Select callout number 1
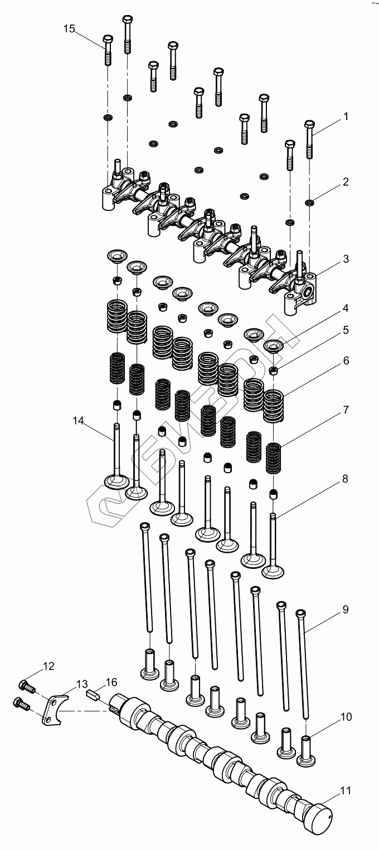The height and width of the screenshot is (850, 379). (346, 117)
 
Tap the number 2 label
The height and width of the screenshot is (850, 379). (346, 181)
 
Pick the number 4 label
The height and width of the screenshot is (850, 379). (346, 308)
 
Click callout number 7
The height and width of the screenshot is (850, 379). (346, 410)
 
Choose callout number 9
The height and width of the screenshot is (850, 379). (346, 610)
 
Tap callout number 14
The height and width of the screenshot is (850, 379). (79, 421)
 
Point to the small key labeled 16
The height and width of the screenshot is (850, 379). (93, 694)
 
